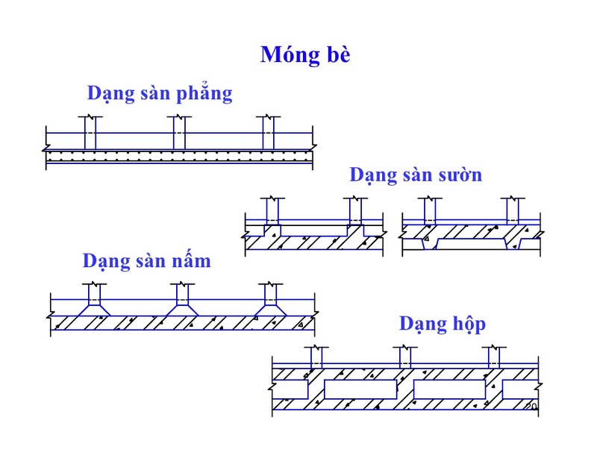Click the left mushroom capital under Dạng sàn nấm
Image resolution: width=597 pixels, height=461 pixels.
(95, 308)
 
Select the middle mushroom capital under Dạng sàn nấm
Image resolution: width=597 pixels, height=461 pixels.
(183, 308)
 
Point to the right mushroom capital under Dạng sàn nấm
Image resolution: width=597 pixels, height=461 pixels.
(271, 308)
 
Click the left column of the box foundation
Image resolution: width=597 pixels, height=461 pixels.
(316, 359)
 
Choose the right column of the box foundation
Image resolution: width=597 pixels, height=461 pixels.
(493, 359)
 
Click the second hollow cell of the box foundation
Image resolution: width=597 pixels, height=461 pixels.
(360, 389)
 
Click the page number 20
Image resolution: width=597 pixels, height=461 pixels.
(531, 407)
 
